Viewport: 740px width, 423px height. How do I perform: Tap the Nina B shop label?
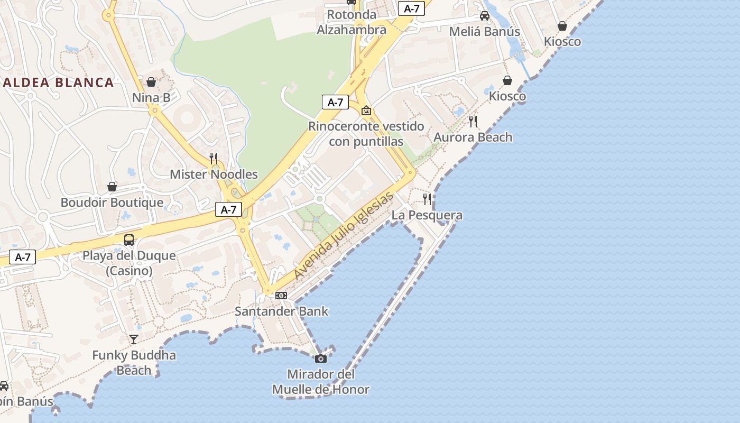[x=151, y=97]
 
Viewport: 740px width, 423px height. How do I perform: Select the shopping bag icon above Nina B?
[x=151, y=82]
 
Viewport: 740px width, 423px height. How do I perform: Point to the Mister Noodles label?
[x=214, y=174]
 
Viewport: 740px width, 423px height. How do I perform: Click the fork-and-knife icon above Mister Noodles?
[x=214, y=158]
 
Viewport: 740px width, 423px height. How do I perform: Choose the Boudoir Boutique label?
[x=112, y=203]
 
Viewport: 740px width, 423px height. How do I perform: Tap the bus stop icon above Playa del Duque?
[x=129, y=240]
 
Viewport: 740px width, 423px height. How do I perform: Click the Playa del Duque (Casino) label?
[x=129, y=263]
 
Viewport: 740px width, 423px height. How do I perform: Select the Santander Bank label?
[x=281, y=311]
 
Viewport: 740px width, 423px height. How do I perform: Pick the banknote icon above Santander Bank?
[x=281, y=295]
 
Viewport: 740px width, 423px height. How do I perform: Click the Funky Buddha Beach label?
[x=134, y=362]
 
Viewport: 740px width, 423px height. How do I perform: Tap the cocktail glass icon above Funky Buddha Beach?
[x=134, y=339]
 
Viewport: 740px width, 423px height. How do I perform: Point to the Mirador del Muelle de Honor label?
[x=320, y=382]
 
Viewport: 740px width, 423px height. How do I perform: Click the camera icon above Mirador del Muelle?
[x=320, y=358]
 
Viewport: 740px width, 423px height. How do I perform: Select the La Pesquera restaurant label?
[x=427, y=215]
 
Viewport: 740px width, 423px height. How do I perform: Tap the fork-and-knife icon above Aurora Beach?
[x=473, y=122]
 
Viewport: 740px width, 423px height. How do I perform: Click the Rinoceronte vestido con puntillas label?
[x=366, y=134]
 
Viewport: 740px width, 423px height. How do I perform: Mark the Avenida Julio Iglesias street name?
[x=344, y=236]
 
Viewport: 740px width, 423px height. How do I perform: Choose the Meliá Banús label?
[x=485, y=31]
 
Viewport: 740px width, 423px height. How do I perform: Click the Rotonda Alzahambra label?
[x=351, y=22]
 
